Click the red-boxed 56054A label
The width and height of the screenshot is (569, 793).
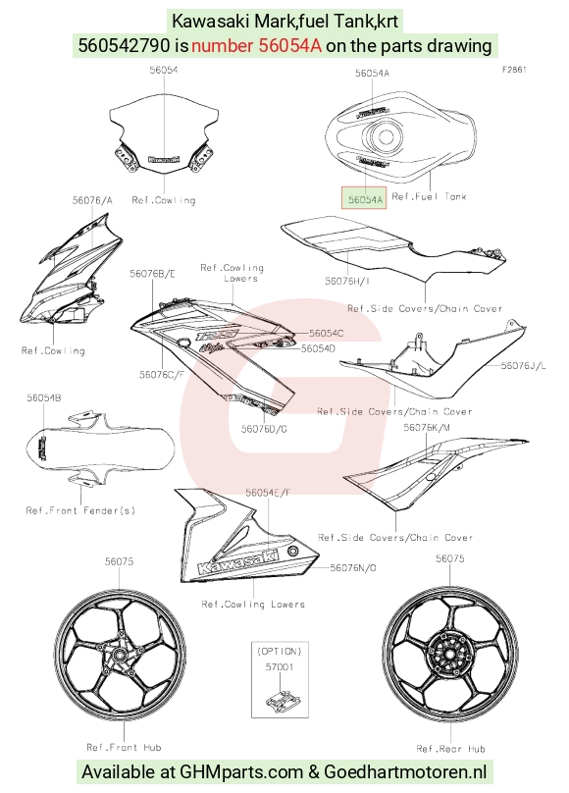coord(364,199)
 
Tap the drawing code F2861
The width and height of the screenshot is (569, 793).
coord(514,70)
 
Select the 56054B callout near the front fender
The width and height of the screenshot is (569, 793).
coord(44,398)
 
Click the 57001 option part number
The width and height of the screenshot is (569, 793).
coord(280,667)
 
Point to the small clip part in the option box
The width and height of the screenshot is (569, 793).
coord(282,699)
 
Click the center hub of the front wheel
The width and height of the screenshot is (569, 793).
coord(120,656)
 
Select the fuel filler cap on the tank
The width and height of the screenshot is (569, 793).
coord(385,136)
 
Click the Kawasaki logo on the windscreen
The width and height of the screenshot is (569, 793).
coord(164,159)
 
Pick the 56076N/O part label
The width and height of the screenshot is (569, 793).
coord(353,568)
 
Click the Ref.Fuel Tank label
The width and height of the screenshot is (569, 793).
coord(429,196)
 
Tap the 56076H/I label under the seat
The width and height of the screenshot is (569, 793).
coord(347,280)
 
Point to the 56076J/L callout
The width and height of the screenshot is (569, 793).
coord(523,365)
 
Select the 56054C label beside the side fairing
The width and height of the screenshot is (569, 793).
coord(326,333)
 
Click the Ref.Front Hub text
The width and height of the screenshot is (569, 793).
coord(124,747)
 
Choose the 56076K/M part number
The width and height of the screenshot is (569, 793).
coord(427,427)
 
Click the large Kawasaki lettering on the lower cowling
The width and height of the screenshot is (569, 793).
coord(238,560)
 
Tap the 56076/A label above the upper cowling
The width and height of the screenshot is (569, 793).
coord(92,200)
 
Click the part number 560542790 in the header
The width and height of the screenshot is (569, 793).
coord(124,45)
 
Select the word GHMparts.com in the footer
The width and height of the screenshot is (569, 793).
coord(242,772)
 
